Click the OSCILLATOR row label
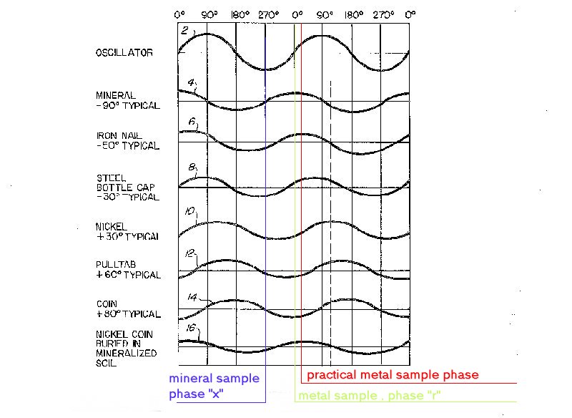tap(124, 52)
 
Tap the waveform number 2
tap(184, 31)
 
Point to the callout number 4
tap(191, 83)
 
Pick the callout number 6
tap(191, 122)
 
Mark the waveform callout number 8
tap(192, 167)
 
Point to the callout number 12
tap(189, 253)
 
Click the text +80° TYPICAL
tap(128, 314)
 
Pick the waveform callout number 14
tap(192, 297)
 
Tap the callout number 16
tap(190, 329)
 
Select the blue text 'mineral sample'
tap(213, 379)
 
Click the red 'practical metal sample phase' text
tap(393, 375)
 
